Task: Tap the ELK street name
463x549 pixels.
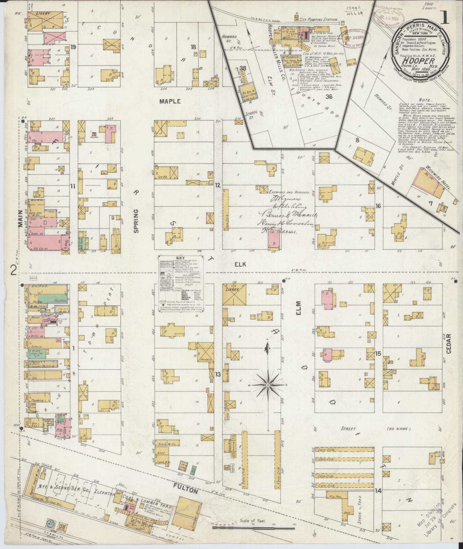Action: pyautogui.click(x=241, y=265)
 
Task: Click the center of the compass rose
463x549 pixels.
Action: pyautogui.click(x=268, y=385)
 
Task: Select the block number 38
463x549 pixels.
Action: pyautogui.click(x=243, y=68)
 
